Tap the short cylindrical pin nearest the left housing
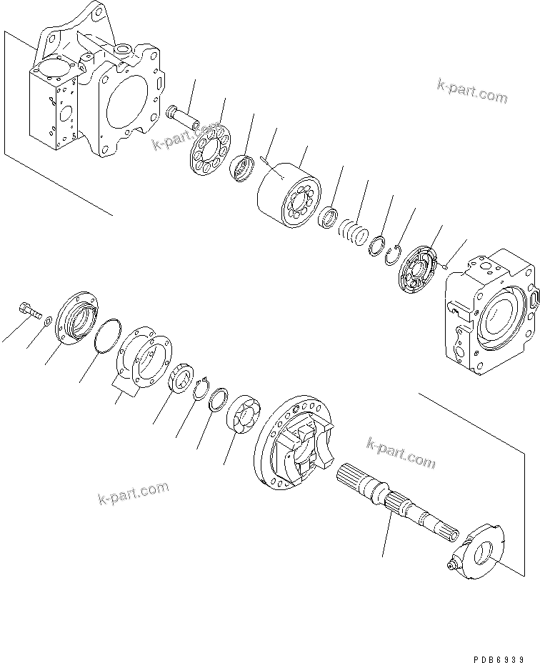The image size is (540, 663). (x=182, y=114)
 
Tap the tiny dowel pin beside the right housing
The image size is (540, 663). (x=444, y=267)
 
